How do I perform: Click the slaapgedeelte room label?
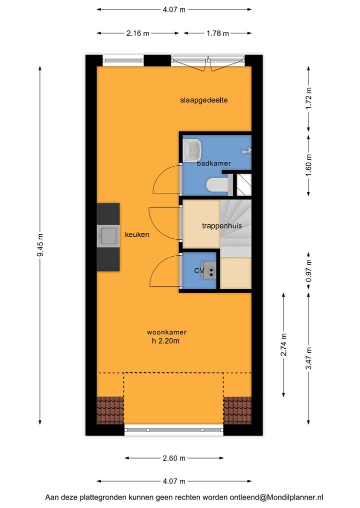(x=204, y=100)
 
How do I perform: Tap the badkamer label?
(x=213, y=163)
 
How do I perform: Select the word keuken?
(x=137, y=234)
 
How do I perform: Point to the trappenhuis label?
(x=221, y=226)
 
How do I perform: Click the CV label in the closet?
(x=199, y=270)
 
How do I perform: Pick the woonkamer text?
(x=166, y=332)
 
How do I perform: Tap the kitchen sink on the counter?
(x=108, y=236)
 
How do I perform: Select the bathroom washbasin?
(x=192, y=149)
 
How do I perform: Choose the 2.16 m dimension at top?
(x=137, y=33)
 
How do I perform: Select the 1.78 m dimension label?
(x=217, y=33)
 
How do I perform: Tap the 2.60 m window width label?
(x=173, y=458)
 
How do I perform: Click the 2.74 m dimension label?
(x=284, y=344)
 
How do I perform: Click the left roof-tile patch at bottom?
(x=109, y=410)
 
